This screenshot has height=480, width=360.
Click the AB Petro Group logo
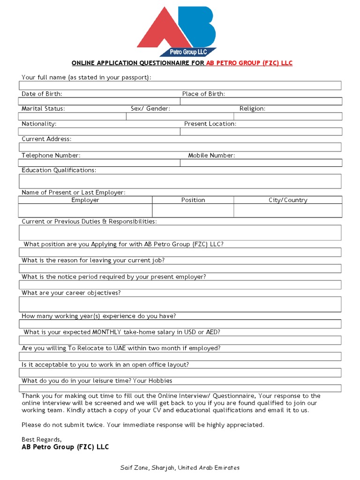(177, 31)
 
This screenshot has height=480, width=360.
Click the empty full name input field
(180, 85)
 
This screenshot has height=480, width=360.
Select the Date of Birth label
(42, 94)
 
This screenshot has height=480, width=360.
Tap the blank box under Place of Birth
(261, 101)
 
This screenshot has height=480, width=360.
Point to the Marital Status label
(43, 108)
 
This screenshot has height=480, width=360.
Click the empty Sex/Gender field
(180, 116)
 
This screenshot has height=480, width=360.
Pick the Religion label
(252, 108)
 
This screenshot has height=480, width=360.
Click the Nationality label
(39, 124)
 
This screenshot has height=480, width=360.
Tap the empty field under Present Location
(261, 132)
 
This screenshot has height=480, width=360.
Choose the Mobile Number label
(211, 155)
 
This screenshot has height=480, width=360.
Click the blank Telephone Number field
(99, 163)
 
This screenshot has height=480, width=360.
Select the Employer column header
(85, 200)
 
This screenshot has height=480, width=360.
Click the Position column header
(193, 200)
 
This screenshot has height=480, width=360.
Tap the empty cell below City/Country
(288, 210)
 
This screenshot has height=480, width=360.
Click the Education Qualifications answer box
(180, 181)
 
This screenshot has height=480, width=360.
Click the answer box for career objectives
(180, 304)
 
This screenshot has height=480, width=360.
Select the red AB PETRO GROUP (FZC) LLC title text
(249, 63)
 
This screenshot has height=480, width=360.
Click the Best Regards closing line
(42, 439)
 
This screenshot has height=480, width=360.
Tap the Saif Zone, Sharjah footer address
(180, 468)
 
